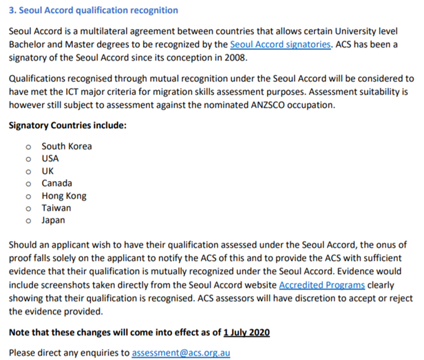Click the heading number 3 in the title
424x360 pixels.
tap(11, 11)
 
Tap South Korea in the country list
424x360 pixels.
tap(66, 146)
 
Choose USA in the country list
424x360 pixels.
tap(50, 158)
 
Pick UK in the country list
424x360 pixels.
tap(47, 171)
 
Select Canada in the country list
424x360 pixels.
tap(56, 183)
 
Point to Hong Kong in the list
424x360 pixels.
tap(64, 195)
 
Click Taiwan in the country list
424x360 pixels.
tap(56, 208)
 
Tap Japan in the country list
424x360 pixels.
tap(54, 220)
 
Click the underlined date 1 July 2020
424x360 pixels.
tap(246, 332)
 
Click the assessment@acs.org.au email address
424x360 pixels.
tap(181, 352)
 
